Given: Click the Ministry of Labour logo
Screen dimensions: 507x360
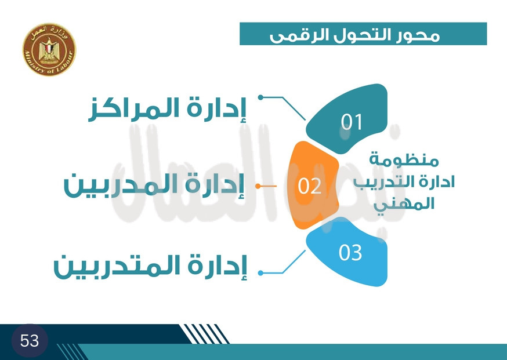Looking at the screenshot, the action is click(x=49, y=49).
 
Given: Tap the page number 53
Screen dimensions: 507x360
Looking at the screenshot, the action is click(x=30, y=341).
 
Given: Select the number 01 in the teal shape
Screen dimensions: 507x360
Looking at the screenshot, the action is click(x=352, y=122).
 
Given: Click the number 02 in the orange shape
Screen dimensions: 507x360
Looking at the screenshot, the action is click(x=309, y=186).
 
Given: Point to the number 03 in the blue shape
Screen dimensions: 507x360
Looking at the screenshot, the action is click(x=350, y=252).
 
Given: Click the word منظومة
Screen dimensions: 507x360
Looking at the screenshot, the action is click(x=404, y=160).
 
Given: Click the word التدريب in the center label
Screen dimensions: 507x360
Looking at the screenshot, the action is click(x=377, y=182).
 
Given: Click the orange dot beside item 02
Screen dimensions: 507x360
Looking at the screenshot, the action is click(x=258, y=186).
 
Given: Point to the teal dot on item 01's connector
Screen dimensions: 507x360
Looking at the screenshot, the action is click(x=260, y=97).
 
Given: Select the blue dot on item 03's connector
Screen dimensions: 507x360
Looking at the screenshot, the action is click(x=260, y=273).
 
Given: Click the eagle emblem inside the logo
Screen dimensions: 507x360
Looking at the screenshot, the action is click(x=49, y=50).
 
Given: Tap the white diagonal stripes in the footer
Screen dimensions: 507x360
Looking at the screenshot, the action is click(x=204, y=334).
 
